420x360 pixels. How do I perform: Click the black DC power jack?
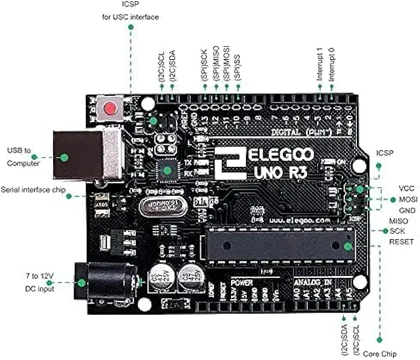point(105,283)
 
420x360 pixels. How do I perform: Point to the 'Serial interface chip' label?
point(33,189)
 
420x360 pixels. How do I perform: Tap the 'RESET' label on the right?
point(401,242)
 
